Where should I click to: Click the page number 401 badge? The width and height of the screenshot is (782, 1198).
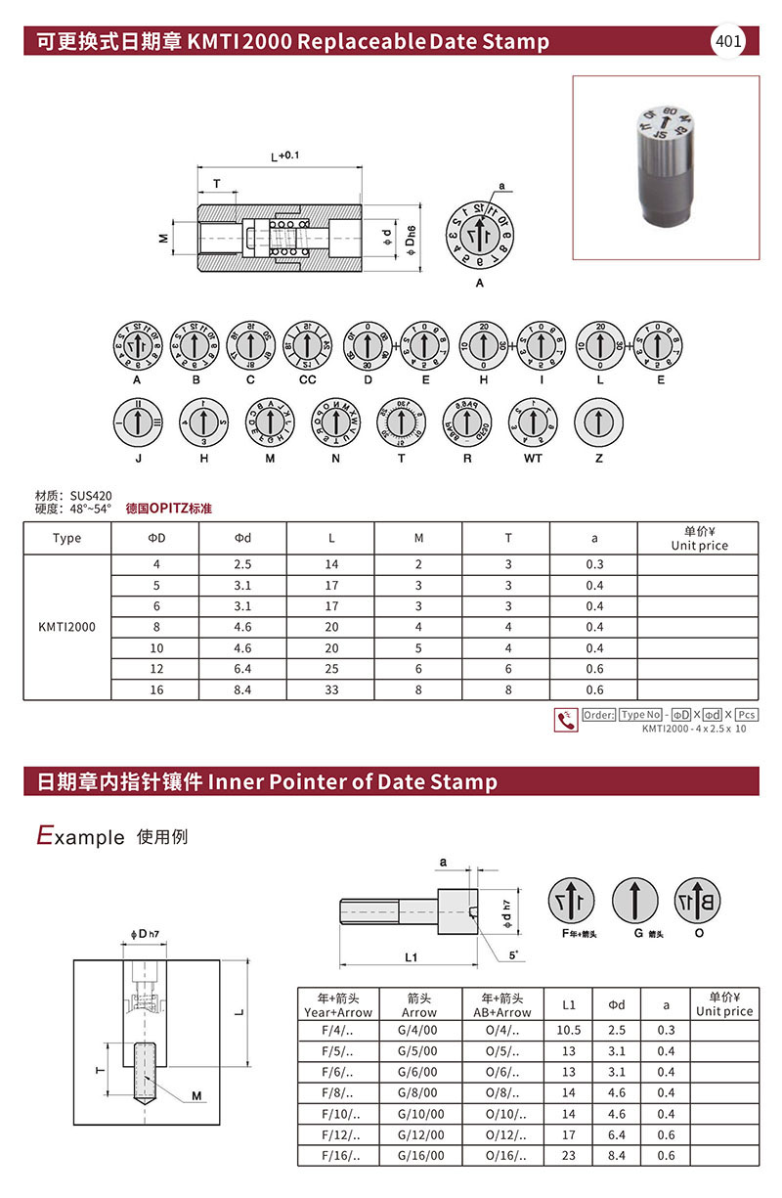coord(728,41)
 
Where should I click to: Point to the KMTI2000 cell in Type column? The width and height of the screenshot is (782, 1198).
coord(67,627)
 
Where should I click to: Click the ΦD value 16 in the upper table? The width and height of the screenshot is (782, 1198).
coord(155,689)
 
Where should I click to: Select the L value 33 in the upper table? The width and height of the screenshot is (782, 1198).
coord(331,689)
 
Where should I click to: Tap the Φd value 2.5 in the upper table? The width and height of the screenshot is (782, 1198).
coord(242,564)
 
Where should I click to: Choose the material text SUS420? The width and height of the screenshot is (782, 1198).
coord(90,496)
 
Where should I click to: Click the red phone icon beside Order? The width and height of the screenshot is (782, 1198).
coord(565,720)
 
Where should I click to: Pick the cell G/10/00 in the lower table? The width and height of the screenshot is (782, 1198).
coord(419,1114)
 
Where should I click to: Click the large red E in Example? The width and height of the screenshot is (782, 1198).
coord(44,835)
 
